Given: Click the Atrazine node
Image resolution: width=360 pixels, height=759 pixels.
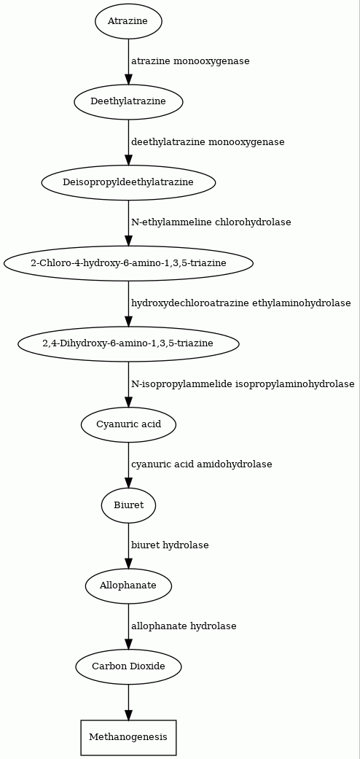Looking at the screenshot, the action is [x=128, y=21].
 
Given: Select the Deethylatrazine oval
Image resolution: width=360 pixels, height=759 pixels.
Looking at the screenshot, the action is [x=128, y=101].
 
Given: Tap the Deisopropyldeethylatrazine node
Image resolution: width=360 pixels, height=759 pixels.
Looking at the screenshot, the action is [x=128, y=182].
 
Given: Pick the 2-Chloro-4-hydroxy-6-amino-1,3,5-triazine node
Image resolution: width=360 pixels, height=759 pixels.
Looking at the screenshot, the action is [x=128, y=262].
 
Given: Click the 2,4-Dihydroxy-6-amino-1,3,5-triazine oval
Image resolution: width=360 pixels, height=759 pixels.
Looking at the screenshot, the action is [x=128, y=343].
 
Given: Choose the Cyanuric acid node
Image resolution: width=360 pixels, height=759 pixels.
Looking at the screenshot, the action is [x=128, y=424].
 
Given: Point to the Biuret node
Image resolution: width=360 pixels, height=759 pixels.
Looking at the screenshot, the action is [x=128, y=505].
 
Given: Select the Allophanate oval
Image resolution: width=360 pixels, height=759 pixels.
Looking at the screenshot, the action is [x=128, y=585].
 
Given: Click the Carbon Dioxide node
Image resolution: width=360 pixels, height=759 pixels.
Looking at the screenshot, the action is [x=128, y=666].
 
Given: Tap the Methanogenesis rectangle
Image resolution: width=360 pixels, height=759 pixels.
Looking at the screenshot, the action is [x=128, y=738].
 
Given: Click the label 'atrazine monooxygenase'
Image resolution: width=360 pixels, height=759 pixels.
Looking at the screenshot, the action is [x=191, y=61].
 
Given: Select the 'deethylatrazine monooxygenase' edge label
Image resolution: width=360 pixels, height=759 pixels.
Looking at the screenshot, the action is [x=208, y=142].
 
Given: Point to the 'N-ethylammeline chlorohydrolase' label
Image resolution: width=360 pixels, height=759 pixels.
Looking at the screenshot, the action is [x=211, y=222].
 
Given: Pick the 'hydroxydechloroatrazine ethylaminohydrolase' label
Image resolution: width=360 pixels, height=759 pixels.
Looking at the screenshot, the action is [x=241, y=303].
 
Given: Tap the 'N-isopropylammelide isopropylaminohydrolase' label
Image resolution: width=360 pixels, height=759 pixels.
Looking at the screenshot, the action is [x=243, y=384].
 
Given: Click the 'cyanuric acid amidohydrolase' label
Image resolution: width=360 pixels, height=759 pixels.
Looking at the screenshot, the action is [x=202, y=464].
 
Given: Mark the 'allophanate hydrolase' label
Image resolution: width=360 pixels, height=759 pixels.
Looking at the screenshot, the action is [x=184, y=626].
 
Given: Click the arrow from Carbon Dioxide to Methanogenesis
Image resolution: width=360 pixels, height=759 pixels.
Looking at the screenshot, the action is [x=128, y=702].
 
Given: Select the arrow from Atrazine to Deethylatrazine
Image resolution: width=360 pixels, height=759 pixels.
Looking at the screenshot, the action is [x=128, y=61].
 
